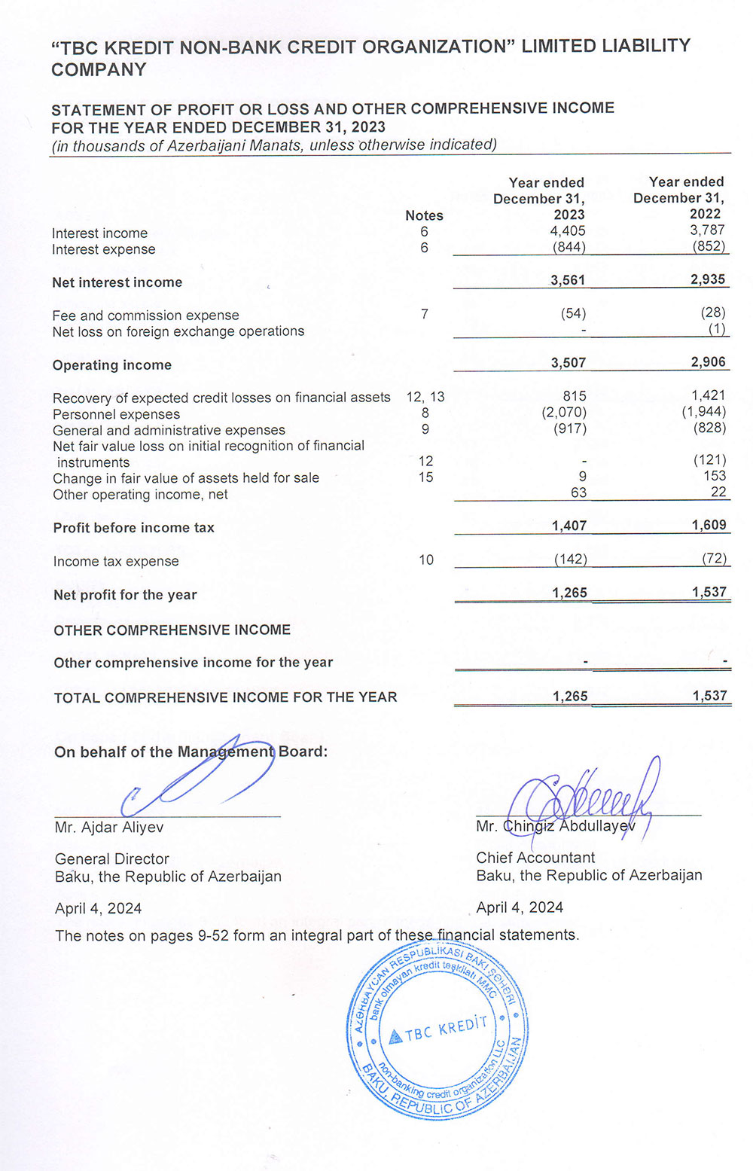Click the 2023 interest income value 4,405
pos(568,231)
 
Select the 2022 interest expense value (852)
pos(709,246)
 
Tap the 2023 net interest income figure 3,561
pos(568,280)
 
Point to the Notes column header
pos(424,215)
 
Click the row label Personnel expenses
pos(116,414)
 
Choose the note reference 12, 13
pos(425,397)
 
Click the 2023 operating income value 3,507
pos(568,363)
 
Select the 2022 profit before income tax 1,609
pos(709,525)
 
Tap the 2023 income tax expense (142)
pos(570,559)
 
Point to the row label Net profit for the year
pos(125,595)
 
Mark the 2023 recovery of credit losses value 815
pos(574,396)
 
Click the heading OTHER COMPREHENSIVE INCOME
pos(172,630)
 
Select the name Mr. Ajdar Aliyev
pos(109,827)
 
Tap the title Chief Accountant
pos(535,858)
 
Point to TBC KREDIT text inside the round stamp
pos(446,1029)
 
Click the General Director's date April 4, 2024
pos(99,908)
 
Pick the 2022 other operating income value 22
pos(718,492)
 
